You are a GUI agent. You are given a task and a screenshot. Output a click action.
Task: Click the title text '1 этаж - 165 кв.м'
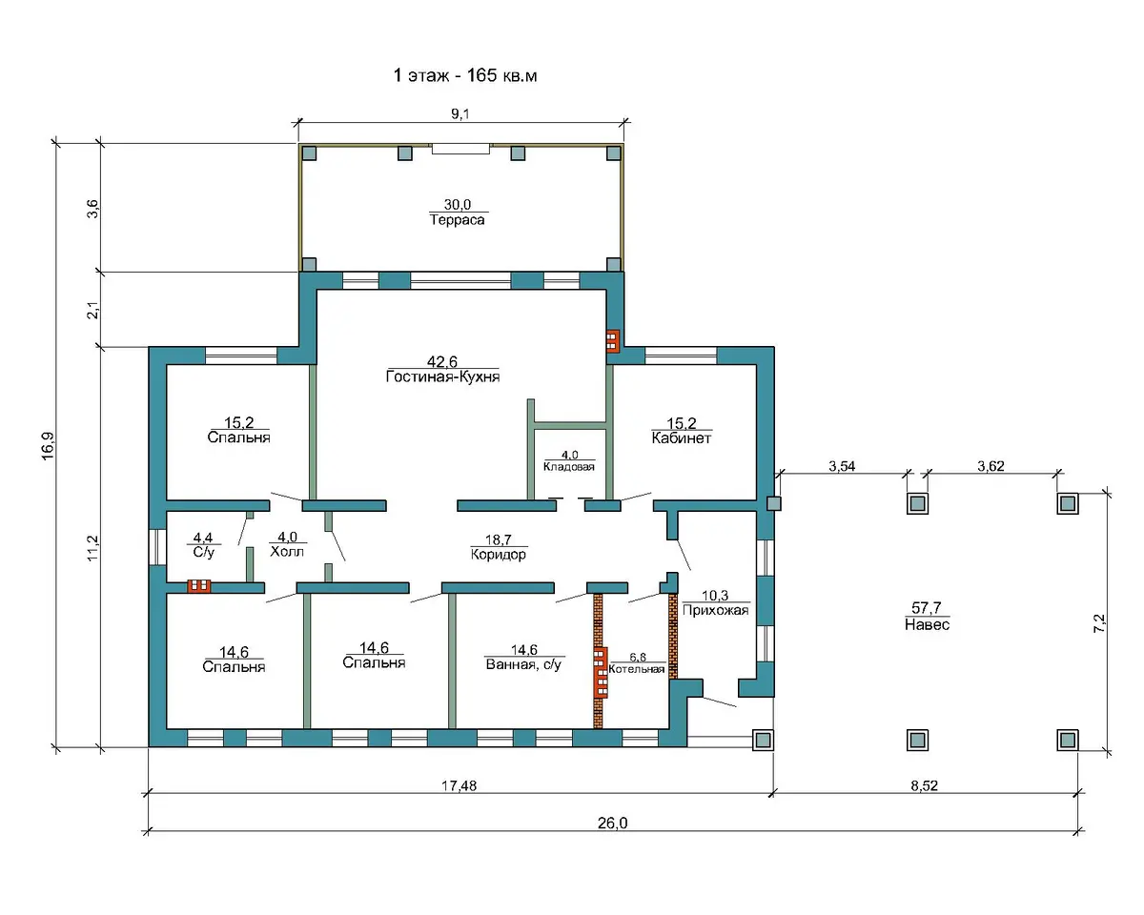coord(464,75)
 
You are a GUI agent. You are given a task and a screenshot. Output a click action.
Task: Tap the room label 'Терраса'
coord(458,220)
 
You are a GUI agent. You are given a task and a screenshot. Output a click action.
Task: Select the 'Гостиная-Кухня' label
coord(442,376)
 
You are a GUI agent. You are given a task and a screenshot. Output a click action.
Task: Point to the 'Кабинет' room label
coord(682,438)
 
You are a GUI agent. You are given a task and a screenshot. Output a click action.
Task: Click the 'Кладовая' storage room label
coord(569,467)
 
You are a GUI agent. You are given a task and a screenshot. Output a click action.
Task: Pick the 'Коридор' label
coord(498,555)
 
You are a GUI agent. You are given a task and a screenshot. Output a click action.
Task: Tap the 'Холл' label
coord(287,551)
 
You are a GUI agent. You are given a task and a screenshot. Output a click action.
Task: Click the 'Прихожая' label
coord(716,610)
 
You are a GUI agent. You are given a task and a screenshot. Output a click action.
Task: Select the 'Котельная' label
coord(637,669)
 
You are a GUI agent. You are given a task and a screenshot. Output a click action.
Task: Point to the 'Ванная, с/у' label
coord(523,664)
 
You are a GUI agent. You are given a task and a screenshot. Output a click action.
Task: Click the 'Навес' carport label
coord(927,624)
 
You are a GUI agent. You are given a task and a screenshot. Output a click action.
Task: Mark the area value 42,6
coord(442,361)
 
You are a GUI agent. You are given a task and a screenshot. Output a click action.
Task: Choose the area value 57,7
coord(927,607)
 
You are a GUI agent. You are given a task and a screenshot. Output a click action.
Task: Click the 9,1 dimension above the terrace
coord(460,113)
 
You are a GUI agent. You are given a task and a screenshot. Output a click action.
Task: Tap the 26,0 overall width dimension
coord(612,823)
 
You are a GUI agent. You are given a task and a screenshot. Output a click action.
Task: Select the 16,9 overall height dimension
coord(48,446)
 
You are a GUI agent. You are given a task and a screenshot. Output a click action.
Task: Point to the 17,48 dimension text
coord(460,785)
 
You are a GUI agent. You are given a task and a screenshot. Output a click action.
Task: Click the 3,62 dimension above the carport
coord(991,466)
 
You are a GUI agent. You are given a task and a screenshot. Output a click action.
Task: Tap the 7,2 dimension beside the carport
coord(1099,623)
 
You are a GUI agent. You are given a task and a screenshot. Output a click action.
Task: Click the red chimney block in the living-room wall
coord(613,341)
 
